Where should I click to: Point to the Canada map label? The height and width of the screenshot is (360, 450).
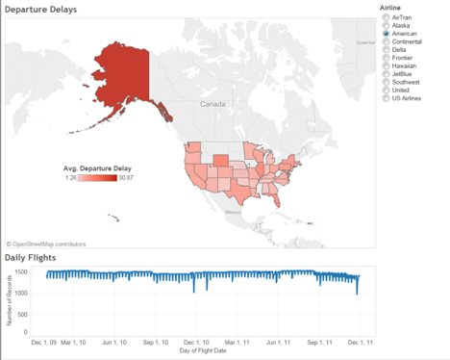tap(212, 102)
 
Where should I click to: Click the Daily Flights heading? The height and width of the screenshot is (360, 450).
tap(30, 258)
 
